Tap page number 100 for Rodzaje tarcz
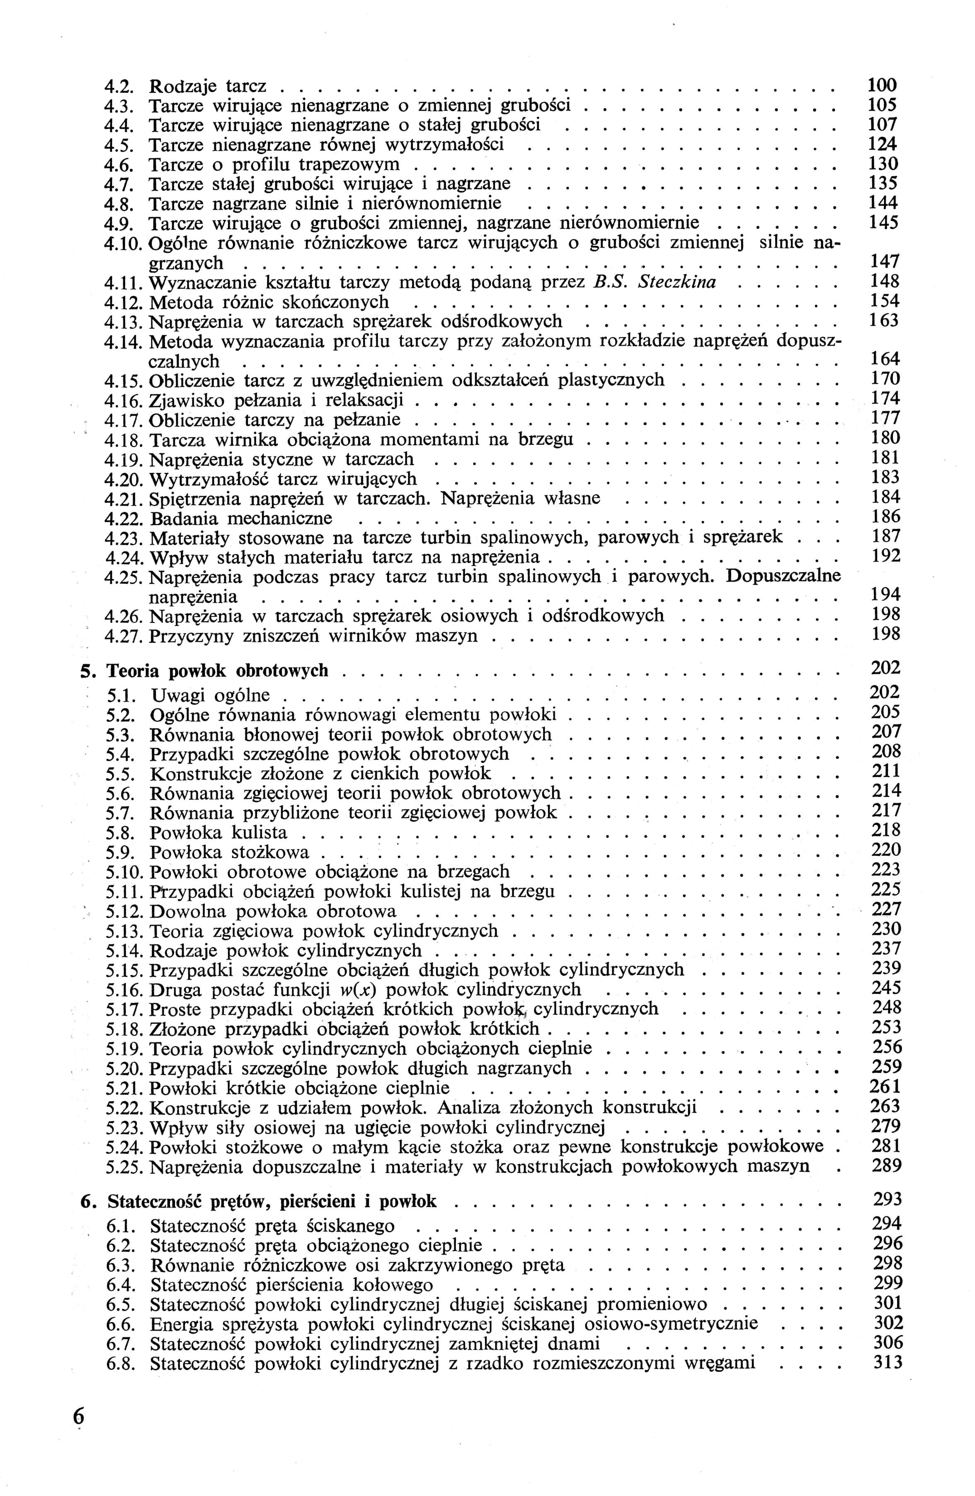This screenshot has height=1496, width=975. coord(882,85)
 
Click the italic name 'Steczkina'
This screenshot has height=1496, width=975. coord(677,282)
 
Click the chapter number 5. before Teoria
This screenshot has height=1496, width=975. coord(87,671)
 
